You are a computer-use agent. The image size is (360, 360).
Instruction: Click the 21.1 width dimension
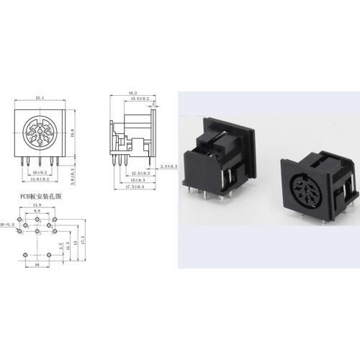pos(40,98)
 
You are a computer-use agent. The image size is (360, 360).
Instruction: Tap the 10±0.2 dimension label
pos(40,174)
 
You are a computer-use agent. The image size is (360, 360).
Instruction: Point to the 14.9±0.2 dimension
pos(41,180)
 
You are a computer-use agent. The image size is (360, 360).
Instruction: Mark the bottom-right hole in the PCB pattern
pos(48,255)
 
